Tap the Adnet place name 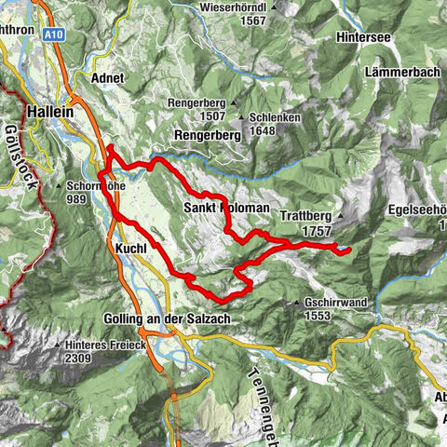108,79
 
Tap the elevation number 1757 318,230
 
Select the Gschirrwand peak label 336,303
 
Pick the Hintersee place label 370,42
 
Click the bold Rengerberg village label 209,135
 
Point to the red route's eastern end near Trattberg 347,250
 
